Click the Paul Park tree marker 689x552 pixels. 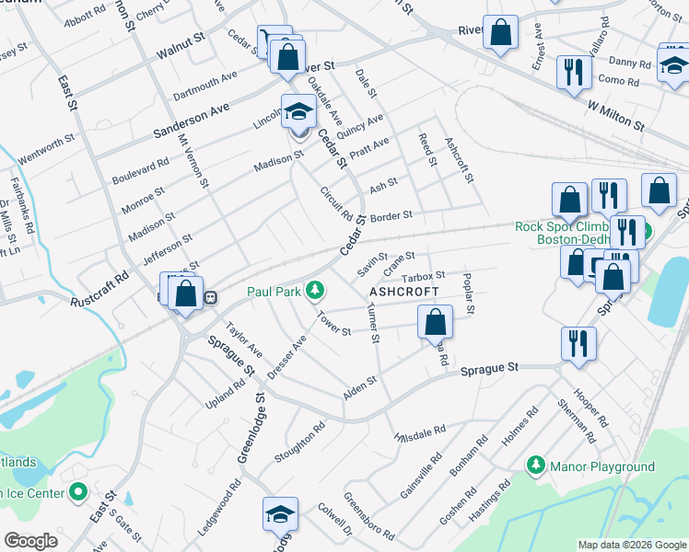316,291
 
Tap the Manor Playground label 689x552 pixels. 601,466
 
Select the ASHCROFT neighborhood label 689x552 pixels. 402,291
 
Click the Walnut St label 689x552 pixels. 181,41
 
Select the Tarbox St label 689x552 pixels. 423,275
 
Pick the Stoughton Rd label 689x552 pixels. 299,443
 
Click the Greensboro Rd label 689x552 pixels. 369,517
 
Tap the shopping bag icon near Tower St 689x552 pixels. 435,322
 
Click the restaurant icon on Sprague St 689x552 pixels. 578,344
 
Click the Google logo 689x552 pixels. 31,541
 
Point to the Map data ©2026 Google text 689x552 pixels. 631,545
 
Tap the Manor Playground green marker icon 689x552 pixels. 534,466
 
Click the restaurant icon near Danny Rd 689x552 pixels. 574,71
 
